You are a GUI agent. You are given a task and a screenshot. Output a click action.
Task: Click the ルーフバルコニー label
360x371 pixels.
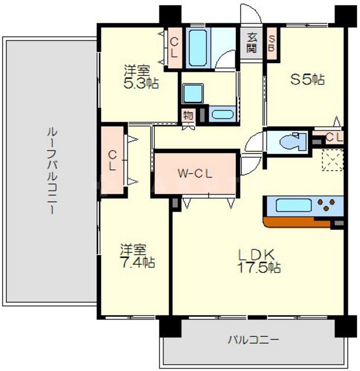52,172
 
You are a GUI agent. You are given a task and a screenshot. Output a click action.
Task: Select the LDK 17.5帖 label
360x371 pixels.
259,261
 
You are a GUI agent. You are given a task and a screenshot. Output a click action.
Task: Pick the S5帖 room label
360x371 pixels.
307,81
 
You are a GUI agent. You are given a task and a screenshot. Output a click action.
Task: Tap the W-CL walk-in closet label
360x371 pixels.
195,173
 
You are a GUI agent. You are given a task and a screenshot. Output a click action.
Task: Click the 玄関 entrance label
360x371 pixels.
252,42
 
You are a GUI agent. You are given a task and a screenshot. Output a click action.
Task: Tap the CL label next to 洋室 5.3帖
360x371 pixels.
174,46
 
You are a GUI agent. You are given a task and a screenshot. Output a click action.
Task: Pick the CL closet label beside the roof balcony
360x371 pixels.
112,160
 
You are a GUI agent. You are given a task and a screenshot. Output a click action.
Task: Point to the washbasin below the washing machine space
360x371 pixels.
221,114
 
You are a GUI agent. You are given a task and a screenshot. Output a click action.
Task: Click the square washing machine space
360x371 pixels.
191,93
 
